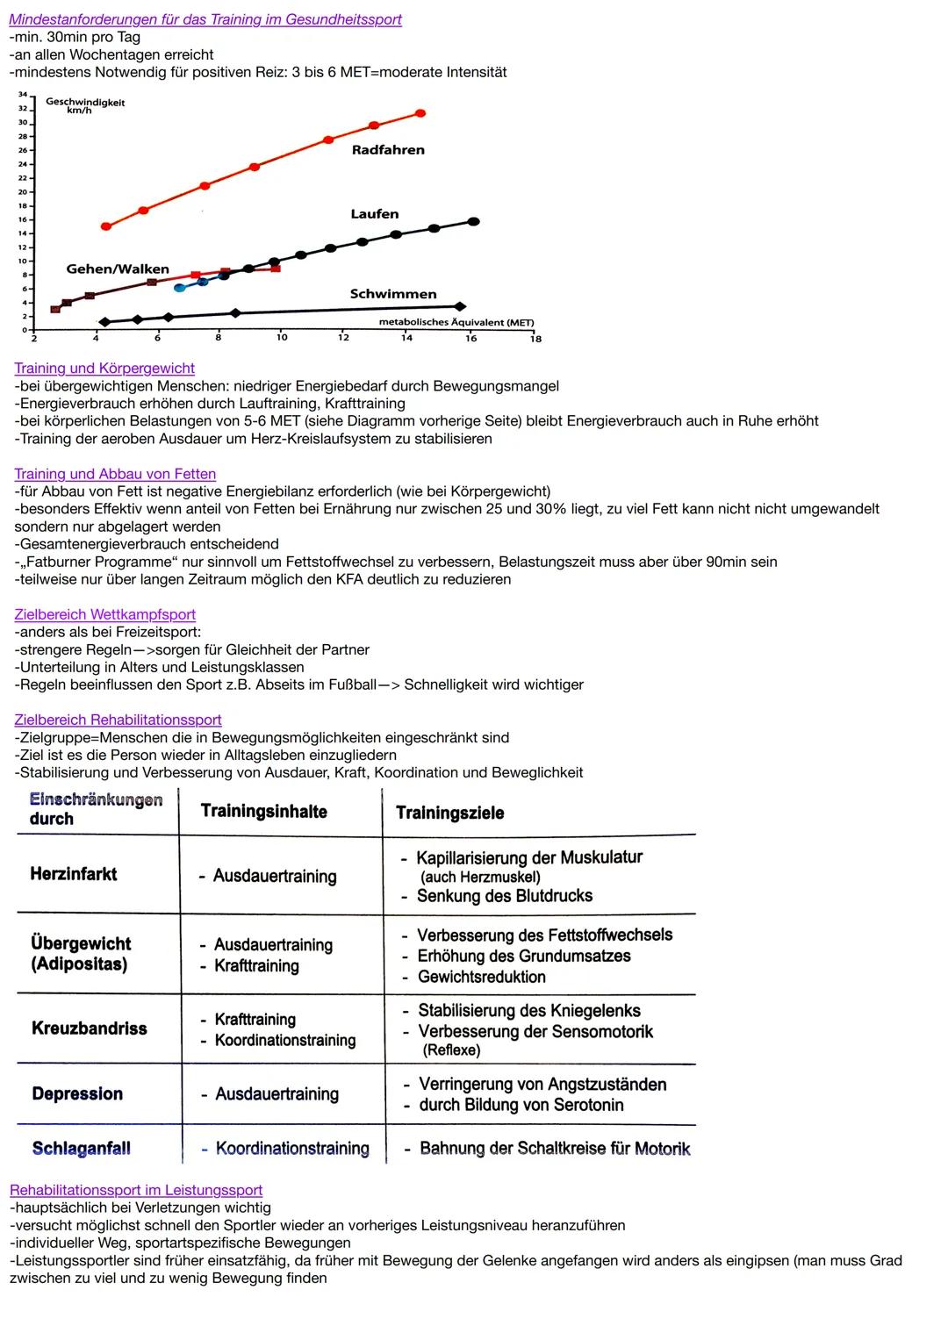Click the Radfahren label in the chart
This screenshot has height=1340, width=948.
pyautogui.click(x=388, y=150)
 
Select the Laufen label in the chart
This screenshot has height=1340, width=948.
pyautogui.click(x=375, y=214)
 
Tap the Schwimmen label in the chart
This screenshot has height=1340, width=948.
pyautogui.click(x=393, y=294)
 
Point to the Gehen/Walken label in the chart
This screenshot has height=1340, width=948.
pyautogui.click(x=118, y=269)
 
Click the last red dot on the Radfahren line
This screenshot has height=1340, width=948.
pyautogui.click(x=420, y=113)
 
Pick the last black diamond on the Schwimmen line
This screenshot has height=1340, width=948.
pyautogui.click(x=460, y=306)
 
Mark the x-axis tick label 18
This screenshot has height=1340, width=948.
pyautogui.click(x=535, y=339)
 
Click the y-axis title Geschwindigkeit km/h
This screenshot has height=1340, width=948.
pyautogui.click(x=85, y=106)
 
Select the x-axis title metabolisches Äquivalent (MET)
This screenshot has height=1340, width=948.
pyautogui.click(x=456, y=323)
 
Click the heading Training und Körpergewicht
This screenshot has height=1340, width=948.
pyautogui.click(x=104, y=369)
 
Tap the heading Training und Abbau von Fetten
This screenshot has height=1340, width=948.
pyautogui.click(x=115, y=474)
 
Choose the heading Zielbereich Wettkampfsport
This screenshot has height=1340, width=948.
pyautogui.click(x=104, y=614)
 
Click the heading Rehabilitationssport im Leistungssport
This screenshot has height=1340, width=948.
pyautogui.click(x=136, y=1190)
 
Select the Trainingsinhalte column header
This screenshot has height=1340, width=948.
pyautogui.click(x=263, y=811)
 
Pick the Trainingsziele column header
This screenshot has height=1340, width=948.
pyautogui.click(x=450, y=813)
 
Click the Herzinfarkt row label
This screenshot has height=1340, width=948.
pyautogui.click(x=74, y=874)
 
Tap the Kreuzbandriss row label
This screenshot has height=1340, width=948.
pyautogui.click(x=90, y=1028)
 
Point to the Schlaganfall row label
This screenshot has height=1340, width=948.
pyautogui.click(x=82, y=1149)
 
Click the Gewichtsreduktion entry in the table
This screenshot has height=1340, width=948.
pyautogui.click(x=481, y=977)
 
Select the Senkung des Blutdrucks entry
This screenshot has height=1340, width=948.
pyautogui.click(x=504, y=896)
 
